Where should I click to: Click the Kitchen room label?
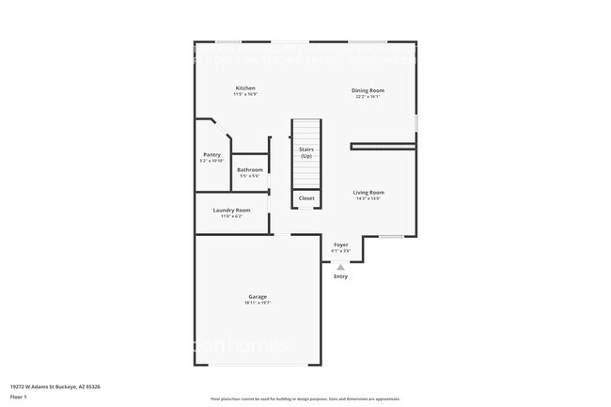pos(245,88)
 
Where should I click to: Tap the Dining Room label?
pos(368,90)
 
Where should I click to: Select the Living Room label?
pos(368,193)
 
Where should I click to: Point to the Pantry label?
pos(212,155)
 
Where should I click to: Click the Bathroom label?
pos(250,170)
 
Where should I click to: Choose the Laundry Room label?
pos(231,210)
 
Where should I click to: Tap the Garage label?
pos(257,297)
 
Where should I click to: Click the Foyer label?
pos(340,244)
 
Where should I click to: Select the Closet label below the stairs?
pos(306,198)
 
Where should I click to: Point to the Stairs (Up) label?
pos(306,152)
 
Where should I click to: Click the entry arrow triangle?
pos(340,267)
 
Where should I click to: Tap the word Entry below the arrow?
pos(340,276)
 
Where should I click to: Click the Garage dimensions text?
pos(257,303)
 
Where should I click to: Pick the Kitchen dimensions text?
pos(245,94)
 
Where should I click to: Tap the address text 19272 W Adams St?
pos(46,386)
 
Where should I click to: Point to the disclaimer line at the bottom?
pos(305,399)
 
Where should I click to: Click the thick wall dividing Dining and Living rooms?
pos(383,146)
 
